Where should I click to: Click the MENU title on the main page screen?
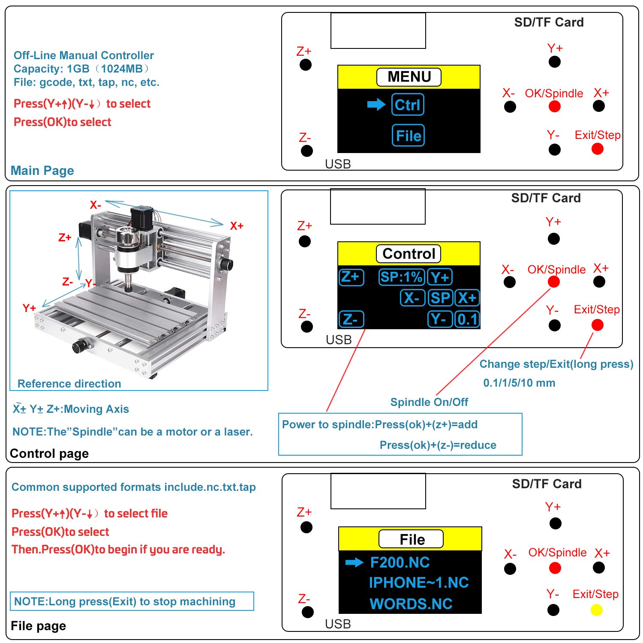[409, 77]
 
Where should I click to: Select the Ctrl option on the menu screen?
[408, 105]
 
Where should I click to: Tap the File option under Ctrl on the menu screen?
[408, 135]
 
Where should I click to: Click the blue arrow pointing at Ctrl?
[376, 104]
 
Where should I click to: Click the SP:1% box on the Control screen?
[401, 277]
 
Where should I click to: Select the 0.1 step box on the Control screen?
[467, 319]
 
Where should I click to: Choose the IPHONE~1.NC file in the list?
[418, 583]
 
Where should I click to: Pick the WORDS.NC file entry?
[411, 604]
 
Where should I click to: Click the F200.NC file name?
[400, 562]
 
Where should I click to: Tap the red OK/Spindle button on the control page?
[554, 282]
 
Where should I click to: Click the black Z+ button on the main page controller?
[306, 65]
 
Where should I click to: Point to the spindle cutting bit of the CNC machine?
[128, 285]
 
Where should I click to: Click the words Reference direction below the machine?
[69, 384]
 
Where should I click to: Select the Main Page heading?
[42, 171]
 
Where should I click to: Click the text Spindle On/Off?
[429, 402]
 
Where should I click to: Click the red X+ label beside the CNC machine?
[237, 226]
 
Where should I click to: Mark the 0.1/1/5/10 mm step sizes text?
[519, 383]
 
